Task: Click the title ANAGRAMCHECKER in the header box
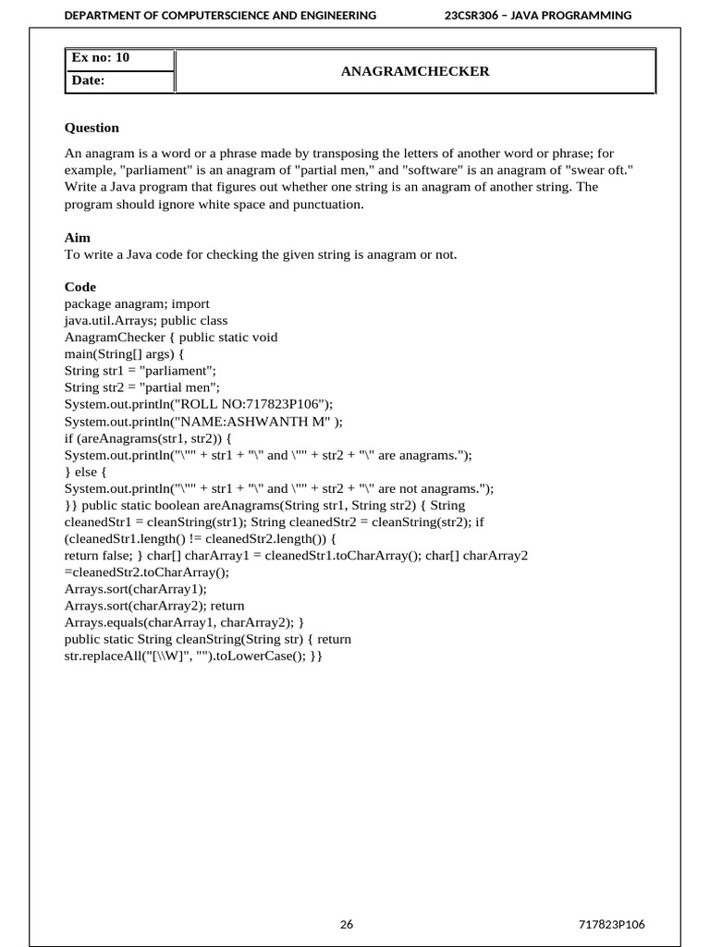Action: pyautogui.click(x=415, y=71)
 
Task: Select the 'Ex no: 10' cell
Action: pyautogui.click(x=102, y=58)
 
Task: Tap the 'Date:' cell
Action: pyautogui.click(x=89, y=81)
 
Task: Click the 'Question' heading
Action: pyautogui.click(x=92, y=128)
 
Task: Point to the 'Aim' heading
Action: pyautogui.click(x=78, y=238)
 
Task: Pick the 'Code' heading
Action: pyautogui.click(x=80, y=287)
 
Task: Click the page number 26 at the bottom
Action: pyautogui.click(x=347, y=924)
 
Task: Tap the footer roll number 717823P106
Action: pyautogui.click(x=611, y=924)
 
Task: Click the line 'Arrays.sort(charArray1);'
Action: pyautogui.click(x=136, y=588)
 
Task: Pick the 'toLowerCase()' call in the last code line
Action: pyautogui.click(x=256, y=656)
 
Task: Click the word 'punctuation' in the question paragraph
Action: pyautogui.click(x=329, y=203)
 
